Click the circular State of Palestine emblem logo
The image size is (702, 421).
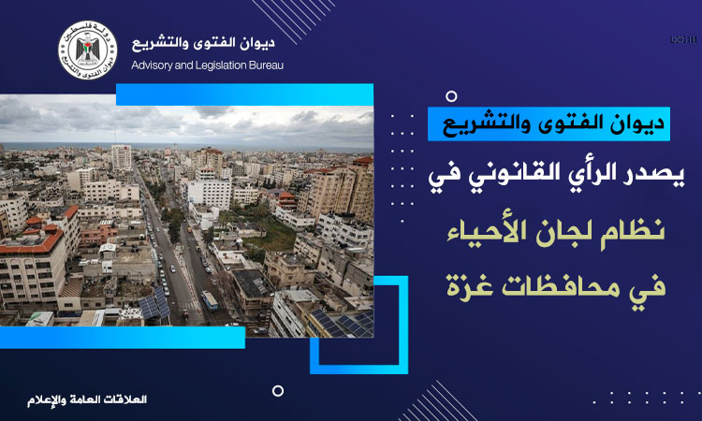click(x=88, y=51)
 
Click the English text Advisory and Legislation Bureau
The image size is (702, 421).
click(x=207, y=65)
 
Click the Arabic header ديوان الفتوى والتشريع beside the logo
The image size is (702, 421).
click(x=203, y=43)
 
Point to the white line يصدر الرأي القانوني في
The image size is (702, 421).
click(x=556, y=173)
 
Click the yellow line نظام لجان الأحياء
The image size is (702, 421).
click(x=556, y=232)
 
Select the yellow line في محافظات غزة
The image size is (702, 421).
click(x=556, y=286)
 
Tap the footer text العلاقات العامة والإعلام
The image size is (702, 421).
click(x=87, y=399)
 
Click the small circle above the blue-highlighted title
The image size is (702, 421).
click(x=452, y=96)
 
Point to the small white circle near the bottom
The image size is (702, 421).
click(x=278, y=391)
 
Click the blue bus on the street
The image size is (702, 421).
click(x=210, y=300)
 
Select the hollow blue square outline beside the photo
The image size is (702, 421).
click(x=403, y=326)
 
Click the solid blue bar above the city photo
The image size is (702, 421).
click(x=244, y=94)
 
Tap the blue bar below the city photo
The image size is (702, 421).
click(x=123, y=338)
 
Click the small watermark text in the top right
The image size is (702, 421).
click(x=683, y=40)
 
